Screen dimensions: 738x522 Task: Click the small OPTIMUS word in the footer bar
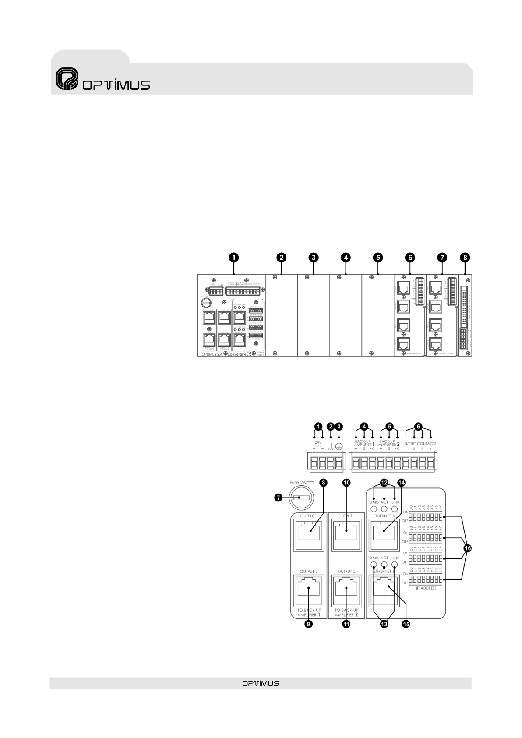pyautogui.click(x=261, y=683)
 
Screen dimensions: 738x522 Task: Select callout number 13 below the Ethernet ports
pyautogui.click(x=384, y=624)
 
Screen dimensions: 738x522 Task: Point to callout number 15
pyautogui.click(x=406, y=624)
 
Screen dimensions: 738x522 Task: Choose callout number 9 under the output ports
pyautogui.click(x=309, y=624)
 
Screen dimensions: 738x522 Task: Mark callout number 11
pyautogui.click(x=346, y=624)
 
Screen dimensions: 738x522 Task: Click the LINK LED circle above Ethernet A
pyautogui.click(x=395, y=509)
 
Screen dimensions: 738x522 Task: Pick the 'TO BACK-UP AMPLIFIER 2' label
pyautogui.click(x=346, y=612)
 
